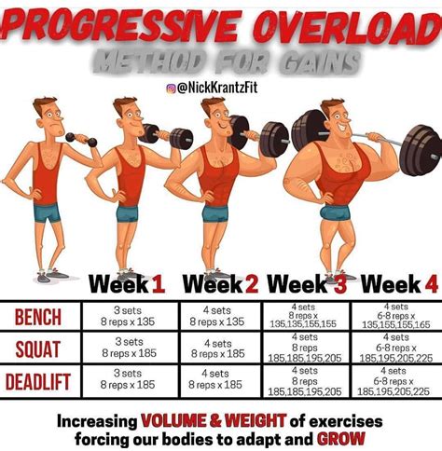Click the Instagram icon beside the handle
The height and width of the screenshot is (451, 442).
pos(172,88)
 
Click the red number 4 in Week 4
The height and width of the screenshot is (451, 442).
pos(430,283)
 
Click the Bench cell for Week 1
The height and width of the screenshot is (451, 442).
pos(129,317)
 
